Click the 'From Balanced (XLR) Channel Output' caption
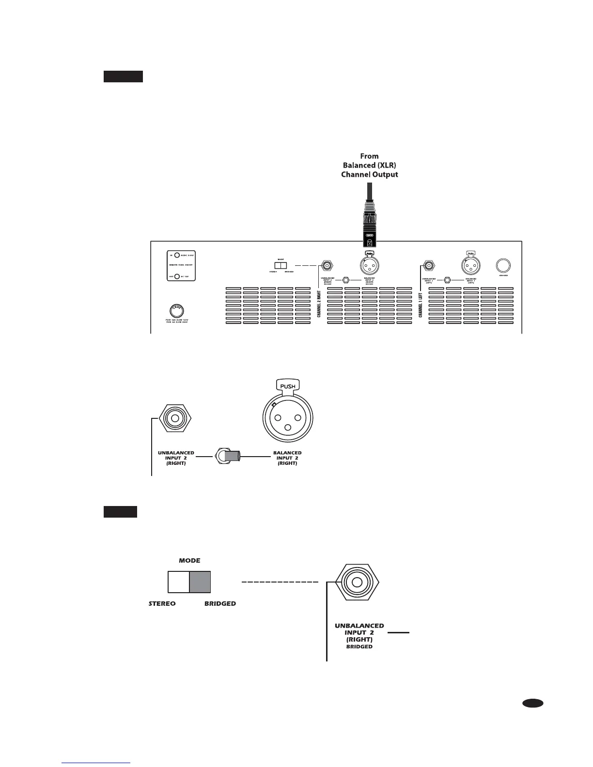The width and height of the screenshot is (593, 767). [369, 165]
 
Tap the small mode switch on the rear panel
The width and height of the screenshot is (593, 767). [281, 265]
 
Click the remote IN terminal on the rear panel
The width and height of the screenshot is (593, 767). [177, 255]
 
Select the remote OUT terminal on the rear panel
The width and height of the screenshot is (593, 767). [177, 276]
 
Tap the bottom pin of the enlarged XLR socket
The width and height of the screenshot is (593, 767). [288, 428]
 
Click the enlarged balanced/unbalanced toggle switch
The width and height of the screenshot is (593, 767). [229, 456]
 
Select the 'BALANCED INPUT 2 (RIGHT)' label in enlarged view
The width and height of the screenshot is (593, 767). [287, 458]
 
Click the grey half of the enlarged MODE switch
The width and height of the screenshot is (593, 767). [200, 582]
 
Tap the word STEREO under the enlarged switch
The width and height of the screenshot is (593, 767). [162, 604]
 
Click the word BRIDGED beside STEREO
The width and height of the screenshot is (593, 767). [220, 604]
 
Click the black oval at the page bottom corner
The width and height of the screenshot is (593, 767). [533, 703]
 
